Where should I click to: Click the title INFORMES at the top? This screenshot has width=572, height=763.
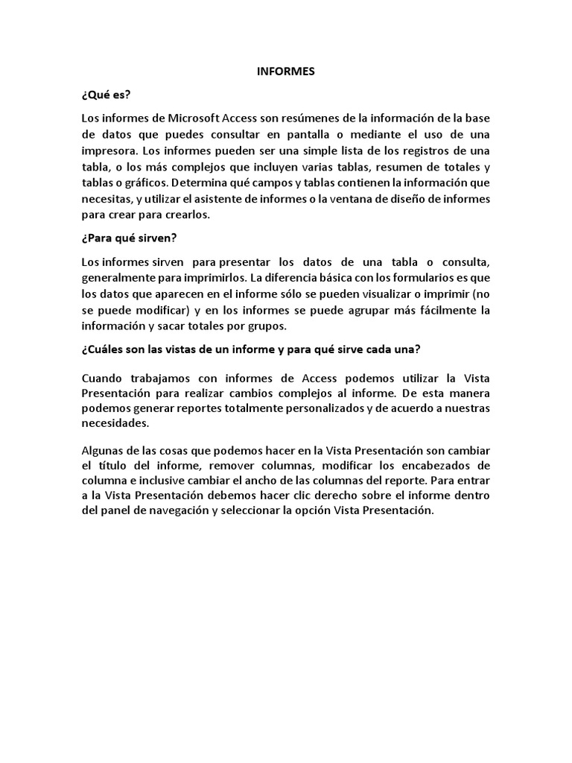(286, 72)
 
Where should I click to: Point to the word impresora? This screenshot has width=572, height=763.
(109, 151)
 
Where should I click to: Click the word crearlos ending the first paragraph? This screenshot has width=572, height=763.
(191, 215)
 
